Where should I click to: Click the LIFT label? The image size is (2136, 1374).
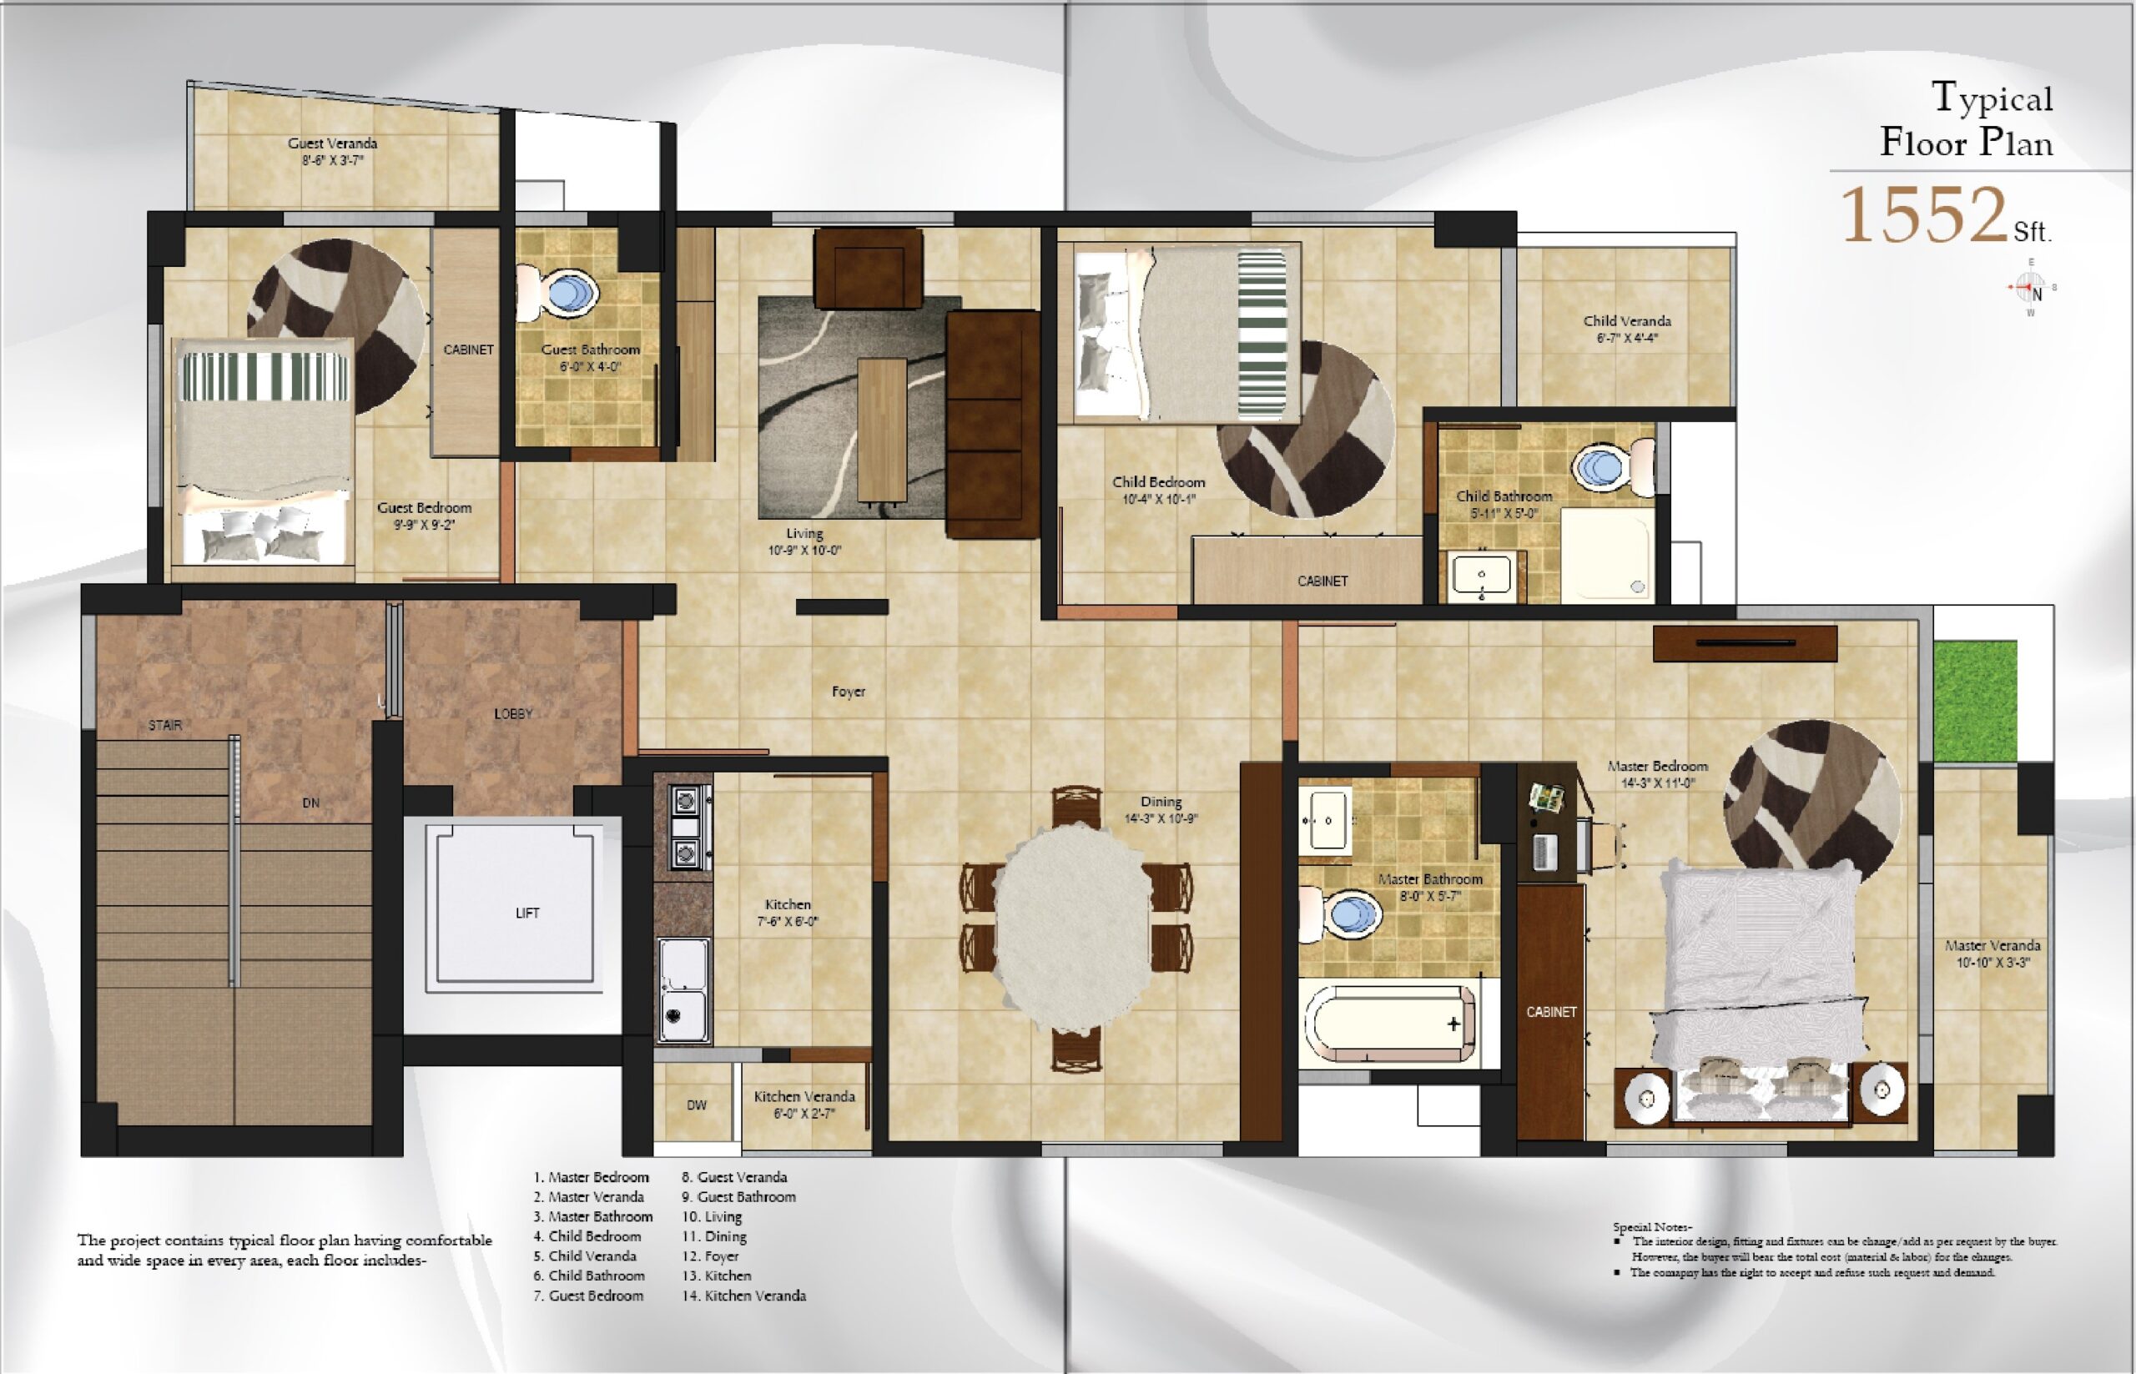click(x=527, y=913)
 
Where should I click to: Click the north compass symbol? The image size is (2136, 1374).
click(x=2032, y=288)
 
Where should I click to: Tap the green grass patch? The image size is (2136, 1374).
click(x=1976, y=701)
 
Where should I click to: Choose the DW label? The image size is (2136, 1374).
click(x=697, y=1105)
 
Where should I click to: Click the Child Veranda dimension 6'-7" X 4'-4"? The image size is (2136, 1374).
click(x=1627, y=338)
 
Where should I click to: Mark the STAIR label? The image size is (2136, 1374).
click(x=165, y=725)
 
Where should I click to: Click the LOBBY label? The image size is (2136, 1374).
click(x=513, y=714)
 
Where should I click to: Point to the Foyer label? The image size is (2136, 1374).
click(x=849, y=692)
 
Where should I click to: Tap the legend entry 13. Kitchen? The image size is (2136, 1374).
click(x=717, y=1276)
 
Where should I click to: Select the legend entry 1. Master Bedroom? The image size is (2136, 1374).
click(x=591, y=1178)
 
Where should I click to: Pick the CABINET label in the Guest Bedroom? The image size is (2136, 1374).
click(x=468, y=350)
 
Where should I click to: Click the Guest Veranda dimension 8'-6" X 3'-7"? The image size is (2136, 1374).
click(x=332, y=161)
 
